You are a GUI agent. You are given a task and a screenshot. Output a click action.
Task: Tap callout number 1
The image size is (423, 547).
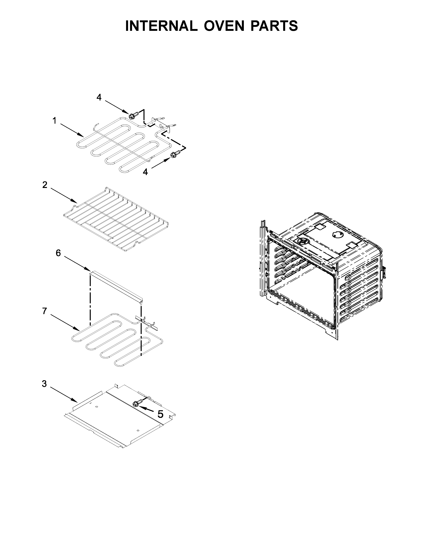click(54, 121)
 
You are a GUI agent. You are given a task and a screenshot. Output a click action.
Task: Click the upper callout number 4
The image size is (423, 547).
click(99, 97)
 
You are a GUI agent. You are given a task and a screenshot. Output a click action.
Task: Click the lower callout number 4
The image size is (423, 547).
click(145, 172)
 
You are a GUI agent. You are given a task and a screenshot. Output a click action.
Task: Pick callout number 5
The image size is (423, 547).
click(160, 414)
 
